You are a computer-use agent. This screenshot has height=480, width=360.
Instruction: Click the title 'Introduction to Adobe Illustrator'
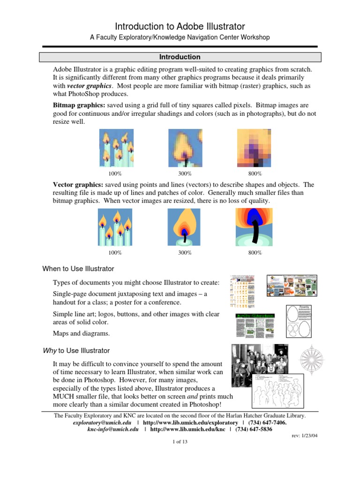[180, 26]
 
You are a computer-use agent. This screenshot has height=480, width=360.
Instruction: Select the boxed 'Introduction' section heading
[180, 57]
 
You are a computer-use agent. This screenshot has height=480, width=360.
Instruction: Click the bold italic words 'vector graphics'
[89, 86]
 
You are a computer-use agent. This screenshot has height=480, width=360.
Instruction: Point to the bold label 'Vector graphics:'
[78, 185]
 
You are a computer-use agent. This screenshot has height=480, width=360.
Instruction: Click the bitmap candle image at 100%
[116, 149]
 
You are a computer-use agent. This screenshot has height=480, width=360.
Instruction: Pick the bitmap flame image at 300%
[185, 149]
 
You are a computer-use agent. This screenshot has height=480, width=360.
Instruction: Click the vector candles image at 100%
[115, 227]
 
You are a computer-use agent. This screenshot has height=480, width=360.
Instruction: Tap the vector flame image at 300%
[185, 227]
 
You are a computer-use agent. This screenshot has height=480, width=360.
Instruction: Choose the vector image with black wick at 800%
[255, 227]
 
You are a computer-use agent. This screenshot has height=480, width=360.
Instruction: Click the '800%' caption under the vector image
[255, 253]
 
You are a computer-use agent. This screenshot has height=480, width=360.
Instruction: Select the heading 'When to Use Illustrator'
[78, 269]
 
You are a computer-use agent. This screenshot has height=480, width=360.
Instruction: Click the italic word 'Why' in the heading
[49, 351]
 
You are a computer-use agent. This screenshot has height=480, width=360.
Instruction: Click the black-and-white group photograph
[259, 360]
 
